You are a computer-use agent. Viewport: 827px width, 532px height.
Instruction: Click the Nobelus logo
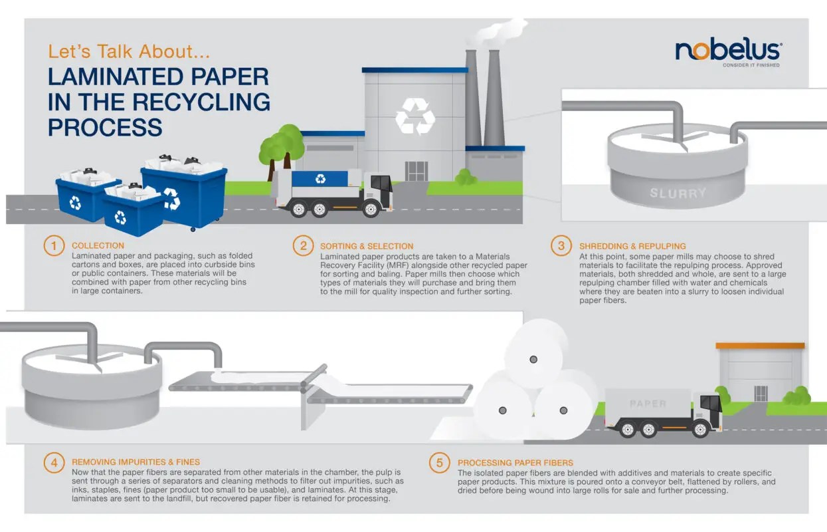coord(728,51)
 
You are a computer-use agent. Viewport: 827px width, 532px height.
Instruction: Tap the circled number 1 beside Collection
coord(54,246)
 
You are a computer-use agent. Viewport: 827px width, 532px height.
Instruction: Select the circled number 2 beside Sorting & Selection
coord(303,246)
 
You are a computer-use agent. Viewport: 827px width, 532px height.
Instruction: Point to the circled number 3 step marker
coord(561,246)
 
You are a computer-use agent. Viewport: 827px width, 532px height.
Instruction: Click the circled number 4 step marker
coord(54,462)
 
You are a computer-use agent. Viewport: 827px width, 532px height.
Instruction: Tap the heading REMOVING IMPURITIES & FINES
coord(136,462)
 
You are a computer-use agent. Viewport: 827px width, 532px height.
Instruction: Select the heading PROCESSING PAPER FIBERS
coord(515,462)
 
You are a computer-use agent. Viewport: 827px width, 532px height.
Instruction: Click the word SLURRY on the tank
coord(678,194)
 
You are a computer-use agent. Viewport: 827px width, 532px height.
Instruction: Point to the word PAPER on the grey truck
coord(648,404)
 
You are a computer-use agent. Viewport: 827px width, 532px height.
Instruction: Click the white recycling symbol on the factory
coord(415,116)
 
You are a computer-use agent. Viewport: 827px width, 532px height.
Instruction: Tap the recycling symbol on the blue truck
coord(321,178)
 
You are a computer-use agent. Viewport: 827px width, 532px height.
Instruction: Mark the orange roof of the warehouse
coord(760,346)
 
